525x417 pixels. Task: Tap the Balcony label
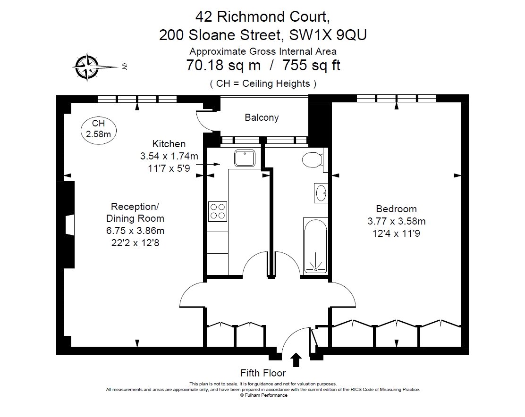[x=262, y=117]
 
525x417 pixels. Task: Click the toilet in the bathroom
[x=312, y=160]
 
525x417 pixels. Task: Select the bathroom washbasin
[x=321, y=193]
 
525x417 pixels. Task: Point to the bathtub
[x=315, y=246]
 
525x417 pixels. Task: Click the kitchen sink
[x=245, y=158]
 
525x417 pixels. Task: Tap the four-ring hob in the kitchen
[x=217, y=211]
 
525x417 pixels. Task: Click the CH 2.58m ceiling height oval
[x=99, y=130]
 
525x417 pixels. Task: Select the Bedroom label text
[x=397, y=209]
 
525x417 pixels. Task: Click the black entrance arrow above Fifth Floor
[x=296, y=360]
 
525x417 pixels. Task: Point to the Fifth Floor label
[x=263, y=373]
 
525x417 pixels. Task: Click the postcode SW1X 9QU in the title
[x=328, y=35]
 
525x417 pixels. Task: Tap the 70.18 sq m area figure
[x=223, y=65]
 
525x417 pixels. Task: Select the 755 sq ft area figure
[x=312, y=65]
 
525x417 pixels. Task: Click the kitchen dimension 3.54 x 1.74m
[x=169, y=156]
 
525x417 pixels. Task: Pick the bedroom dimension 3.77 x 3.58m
[x=397, y=221]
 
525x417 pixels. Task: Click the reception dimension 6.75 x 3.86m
[x=135, y=231]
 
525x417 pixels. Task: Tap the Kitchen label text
[x=169, y=144]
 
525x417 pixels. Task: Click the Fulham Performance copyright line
[x=263, y=395]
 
